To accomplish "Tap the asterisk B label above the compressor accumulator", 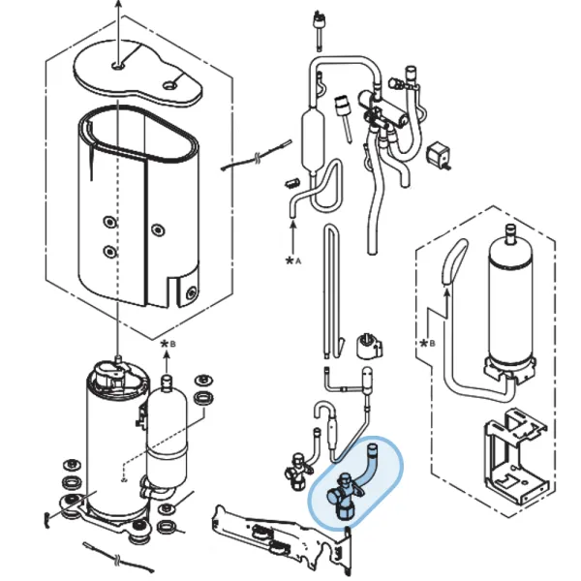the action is point(168,344).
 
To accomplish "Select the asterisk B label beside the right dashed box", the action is point(427,343).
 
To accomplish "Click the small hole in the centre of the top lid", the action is point(118,66).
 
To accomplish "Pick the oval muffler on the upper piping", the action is point(313,138).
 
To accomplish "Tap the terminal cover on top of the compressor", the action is point(112,373).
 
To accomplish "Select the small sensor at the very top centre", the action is point(319,30).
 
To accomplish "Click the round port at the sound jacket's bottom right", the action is point(191,293).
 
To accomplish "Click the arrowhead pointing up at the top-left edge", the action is point(118,4).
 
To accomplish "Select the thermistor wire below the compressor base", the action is point(118,558).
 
